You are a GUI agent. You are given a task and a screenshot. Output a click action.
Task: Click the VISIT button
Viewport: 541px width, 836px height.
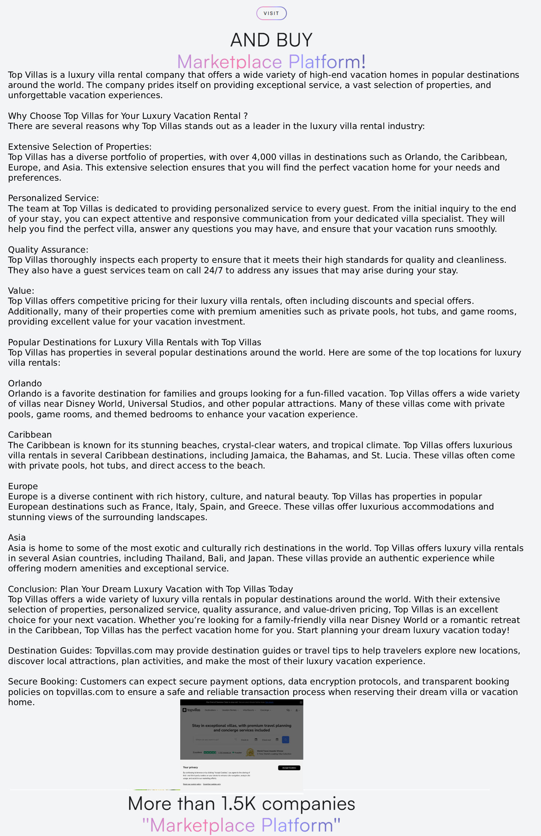pyautogui.click(x=271, y=13)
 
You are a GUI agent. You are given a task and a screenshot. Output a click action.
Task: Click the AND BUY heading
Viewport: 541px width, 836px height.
pyautogui.click(x=271, y=40)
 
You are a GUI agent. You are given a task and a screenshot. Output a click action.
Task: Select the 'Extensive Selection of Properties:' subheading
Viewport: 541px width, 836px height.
pyautogui.click(x=80, y=147)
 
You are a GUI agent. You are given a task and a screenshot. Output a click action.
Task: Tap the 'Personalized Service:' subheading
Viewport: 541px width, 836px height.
pyautogui.click(x=53, y=198)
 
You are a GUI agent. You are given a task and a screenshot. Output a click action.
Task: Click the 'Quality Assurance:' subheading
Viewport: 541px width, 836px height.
pyautogui.click(x=48, y=250)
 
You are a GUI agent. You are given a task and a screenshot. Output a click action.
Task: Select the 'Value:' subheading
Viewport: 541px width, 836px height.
pyautogui.click(x=21, y=291)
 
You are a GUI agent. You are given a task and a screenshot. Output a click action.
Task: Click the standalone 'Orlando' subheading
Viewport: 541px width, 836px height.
pyautogui.click(x=25, y=383)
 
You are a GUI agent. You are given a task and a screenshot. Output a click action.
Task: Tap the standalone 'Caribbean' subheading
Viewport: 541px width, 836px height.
pyautogui.click(x=30, y=435)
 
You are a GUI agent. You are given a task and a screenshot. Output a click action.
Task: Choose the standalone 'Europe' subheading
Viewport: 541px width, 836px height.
pyautogui.click(x=23, y=486)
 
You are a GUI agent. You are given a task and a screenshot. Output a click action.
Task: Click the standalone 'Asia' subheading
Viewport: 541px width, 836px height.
pyautogui.click(x=17, y=538)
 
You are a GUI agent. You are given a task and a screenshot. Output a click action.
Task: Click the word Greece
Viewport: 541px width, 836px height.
pyautogui.click(x=263, y=507)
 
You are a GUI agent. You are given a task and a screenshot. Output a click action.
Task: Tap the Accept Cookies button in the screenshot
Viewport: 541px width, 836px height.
pyautogui.click(x=289, y=768)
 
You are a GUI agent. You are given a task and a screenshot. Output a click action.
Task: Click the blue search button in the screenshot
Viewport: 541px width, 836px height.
pyautogui.click(x=286, y=740)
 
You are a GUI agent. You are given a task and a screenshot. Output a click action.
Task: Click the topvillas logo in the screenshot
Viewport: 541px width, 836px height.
pyautogui.click(x=191, y=710)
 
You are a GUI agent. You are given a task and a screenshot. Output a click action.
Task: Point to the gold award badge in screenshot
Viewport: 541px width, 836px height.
pyautogui.click(x=250, y=752)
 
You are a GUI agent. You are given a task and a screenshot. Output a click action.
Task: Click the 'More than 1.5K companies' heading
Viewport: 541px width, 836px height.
pyautogui.click(x=241, y=804)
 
